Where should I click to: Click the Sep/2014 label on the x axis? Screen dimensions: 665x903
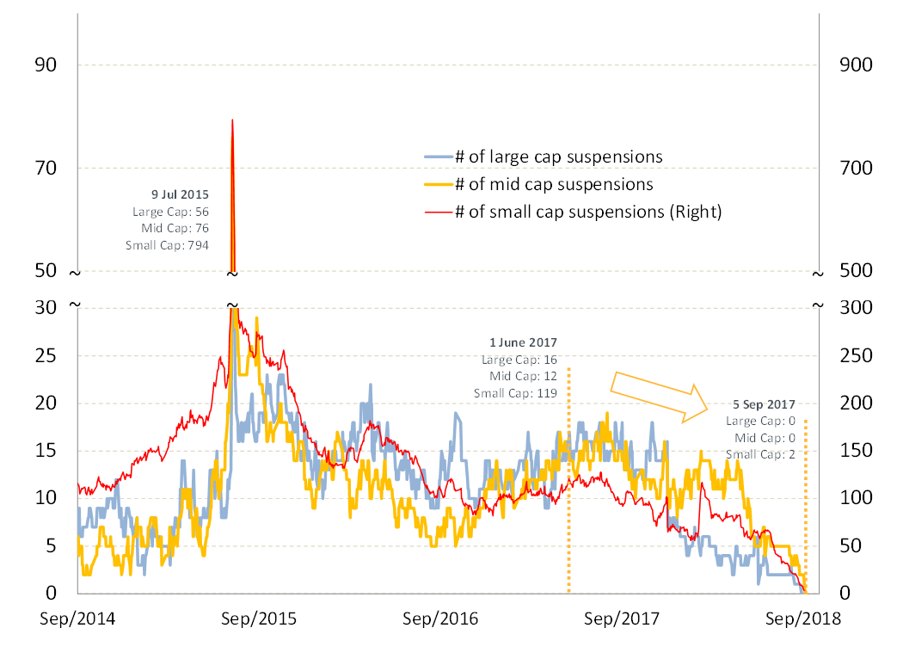click(77, 618)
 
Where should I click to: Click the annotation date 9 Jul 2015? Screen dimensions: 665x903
click(181, 194)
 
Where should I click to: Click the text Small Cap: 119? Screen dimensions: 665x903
click(515, 393)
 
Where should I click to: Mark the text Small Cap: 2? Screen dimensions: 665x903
click(760, 454)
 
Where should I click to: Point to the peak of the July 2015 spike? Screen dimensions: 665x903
click(232, 120)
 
